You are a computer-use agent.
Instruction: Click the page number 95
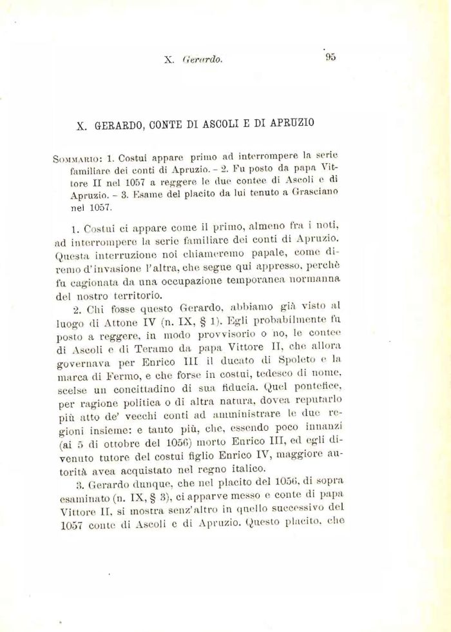(331, 57)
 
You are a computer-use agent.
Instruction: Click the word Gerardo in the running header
(202, 60)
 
